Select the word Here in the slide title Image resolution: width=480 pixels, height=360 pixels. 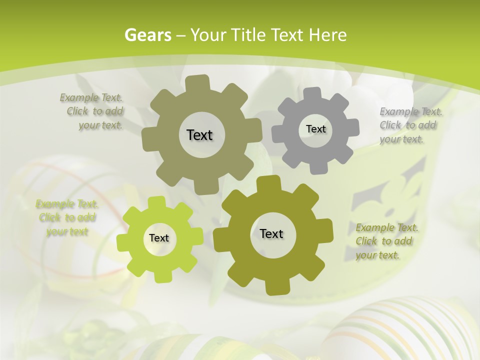coord(327,35)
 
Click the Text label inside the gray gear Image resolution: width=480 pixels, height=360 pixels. coord(315,129)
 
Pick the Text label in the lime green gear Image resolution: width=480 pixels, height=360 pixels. coord(159,238)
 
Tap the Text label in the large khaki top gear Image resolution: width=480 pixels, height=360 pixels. coord(199,135)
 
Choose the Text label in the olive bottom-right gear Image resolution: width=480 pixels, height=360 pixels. coord(271,234)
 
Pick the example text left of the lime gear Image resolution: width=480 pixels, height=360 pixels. coord(67,217)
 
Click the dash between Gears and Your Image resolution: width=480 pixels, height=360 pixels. coord(181,35)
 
